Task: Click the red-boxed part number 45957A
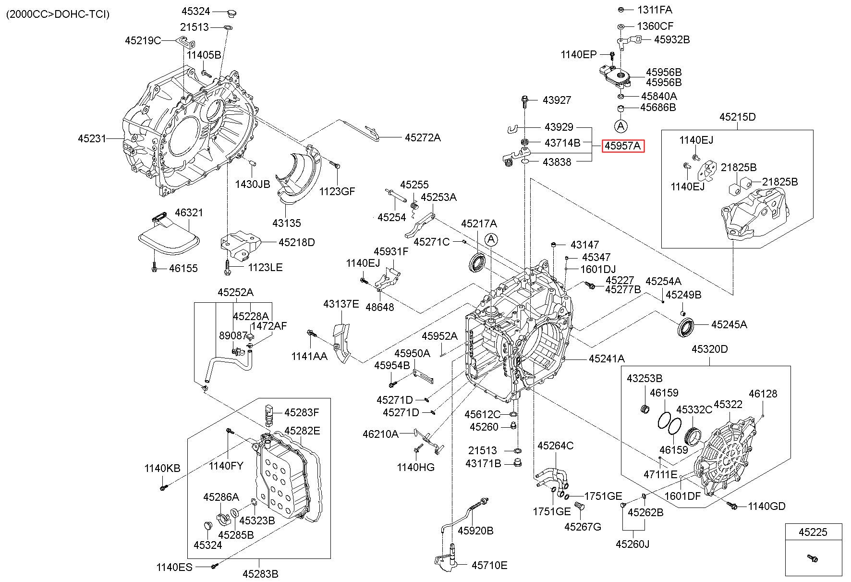tap(623, 145)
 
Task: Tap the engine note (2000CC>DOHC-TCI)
tap(58, 14)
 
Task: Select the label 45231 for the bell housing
tap(92, 138)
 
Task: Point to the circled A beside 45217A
tap(491, 239)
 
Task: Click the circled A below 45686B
tap(621, 126)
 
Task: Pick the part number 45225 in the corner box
tap(813, 532)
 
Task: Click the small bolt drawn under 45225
tap(813, 558)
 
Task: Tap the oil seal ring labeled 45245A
tap(685, 327)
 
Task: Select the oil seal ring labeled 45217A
tap(478, 262)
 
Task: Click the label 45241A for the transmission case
tap(607, 359)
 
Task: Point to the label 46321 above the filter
tap(189, 212)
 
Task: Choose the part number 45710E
tap(489, 565)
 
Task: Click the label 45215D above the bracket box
tap(737, 117)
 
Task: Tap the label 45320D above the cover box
tap(709, 349)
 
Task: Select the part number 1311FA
tap(655, 10)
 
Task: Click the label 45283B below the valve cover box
tap(260, 573)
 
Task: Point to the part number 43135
tap(286, 223)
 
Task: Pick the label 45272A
tap(422, 137)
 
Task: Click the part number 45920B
tap(475, 531)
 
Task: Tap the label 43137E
tap(341, 304)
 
